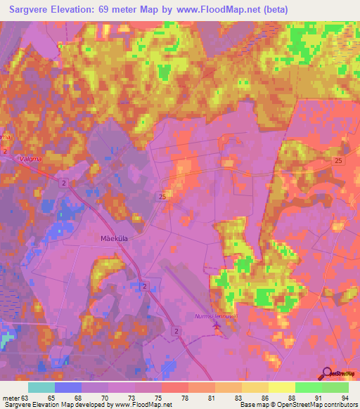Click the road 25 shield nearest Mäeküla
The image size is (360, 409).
point(164,195)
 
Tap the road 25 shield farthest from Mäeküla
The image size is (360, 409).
point(339,162)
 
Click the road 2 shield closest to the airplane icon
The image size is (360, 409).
point(175,330)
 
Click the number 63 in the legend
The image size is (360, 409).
point(26,397)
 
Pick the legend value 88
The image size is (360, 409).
point(271,397)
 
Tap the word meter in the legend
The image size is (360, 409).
point(11,397)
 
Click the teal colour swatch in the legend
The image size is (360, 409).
point(41,387)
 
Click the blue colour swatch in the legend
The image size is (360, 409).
point(67,387)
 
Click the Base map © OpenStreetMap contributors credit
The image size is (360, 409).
point(300,405)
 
